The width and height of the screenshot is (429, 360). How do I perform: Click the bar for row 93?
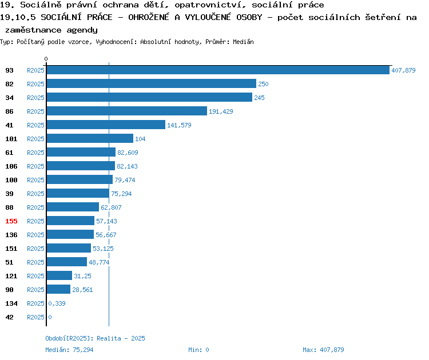tap(218, 70)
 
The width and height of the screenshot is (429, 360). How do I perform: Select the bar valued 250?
tap(152, 83)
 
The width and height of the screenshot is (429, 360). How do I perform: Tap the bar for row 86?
tap(126, 111)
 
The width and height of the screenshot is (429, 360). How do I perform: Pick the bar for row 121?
tap(59, 275)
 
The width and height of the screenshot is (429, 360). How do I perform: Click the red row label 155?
tap(11, 221)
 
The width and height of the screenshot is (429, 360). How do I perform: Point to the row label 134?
tap(11, 303)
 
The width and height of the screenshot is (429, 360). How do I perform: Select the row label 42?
tap(9, 317)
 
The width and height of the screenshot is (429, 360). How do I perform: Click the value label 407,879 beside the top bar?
tap(403, 70)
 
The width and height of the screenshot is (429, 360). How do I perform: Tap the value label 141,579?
tap(179, 125)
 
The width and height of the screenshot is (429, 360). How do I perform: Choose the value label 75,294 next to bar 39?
tap(121, 194)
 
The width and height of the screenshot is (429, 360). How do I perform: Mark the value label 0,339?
tap(57, 303)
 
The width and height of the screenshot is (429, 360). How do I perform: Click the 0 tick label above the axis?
tap(46, 59)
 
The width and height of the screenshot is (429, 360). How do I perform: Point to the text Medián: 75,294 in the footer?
tap(69, 350)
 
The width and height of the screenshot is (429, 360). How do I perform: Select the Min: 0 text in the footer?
tap(198, 350)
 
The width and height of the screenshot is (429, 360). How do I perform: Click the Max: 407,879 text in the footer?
tap(323, 350)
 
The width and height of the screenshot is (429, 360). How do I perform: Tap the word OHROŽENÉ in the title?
tap(149, 17)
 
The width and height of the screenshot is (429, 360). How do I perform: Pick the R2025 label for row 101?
tap(35, 139)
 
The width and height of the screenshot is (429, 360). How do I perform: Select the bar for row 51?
tap(67, 262)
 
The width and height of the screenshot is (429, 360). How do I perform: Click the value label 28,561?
tap(82, 290)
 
